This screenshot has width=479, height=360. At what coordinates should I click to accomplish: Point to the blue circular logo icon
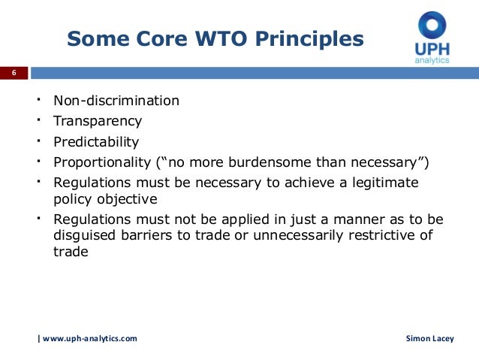[432, 27]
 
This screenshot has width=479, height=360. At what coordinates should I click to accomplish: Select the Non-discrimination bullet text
[116, 100]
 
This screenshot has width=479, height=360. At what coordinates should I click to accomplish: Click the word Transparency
[97, 121]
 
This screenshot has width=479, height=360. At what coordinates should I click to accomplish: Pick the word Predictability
[96, 141]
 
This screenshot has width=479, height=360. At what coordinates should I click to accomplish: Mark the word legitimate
[381, 183]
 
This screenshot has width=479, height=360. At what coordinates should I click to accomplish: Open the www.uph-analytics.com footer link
[89, 339]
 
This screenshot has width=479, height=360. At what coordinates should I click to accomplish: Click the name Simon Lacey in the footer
[429, 339]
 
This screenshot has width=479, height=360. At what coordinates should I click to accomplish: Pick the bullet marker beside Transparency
[37, 120]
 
